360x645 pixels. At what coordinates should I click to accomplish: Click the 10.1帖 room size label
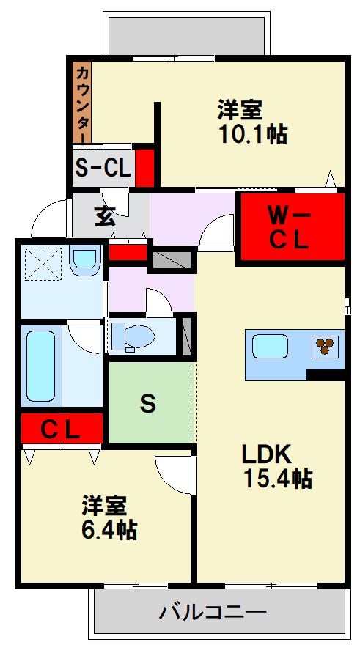coord(253,133)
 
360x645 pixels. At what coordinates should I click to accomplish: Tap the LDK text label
coord(267,454)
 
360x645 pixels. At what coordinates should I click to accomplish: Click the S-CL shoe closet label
coord(103,167)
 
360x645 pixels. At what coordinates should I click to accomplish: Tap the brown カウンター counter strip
coord(82,103)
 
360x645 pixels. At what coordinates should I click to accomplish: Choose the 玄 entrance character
coord(105,216)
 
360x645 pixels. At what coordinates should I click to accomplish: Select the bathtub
coord(40,366)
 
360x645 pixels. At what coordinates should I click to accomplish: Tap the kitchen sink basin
coord(270,347)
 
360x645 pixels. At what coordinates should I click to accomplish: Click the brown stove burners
coord(325,345)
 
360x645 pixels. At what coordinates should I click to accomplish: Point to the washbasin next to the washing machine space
coord(85,259)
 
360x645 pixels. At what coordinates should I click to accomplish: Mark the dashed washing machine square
coord(43,264)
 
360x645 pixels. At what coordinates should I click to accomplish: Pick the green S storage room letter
coord(148,403)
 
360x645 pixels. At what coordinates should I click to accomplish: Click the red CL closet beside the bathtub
coord(62,428)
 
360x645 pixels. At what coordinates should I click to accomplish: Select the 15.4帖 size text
coord(278,478)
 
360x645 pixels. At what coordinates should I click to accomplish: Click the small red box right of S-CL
coord(145,167)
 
